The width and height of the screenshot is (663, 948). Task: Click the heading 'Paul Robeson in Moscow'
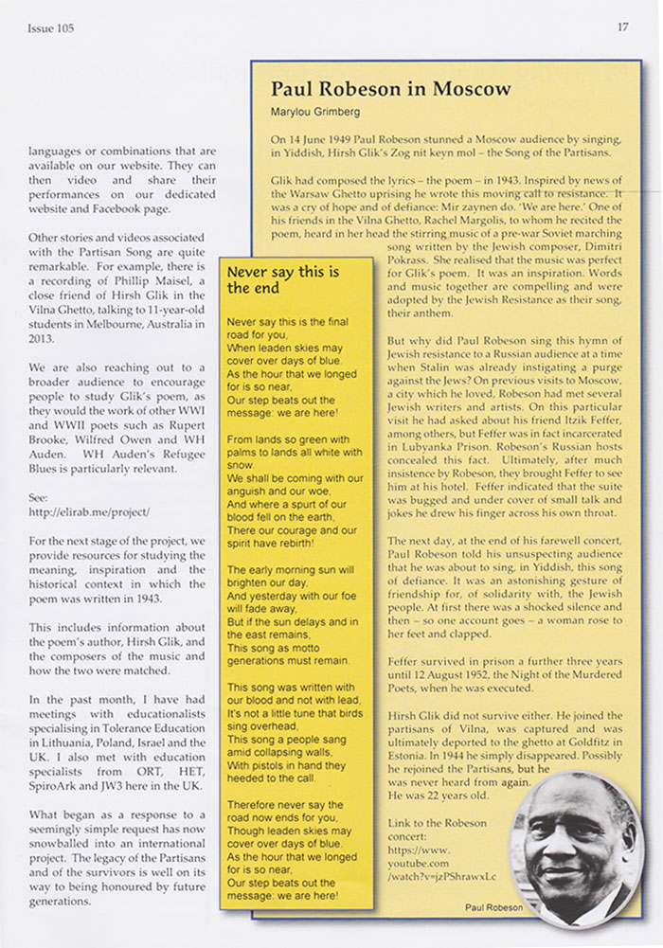tap(390, 89)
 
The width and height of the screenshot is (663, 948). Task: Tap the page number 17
tap(622, 27)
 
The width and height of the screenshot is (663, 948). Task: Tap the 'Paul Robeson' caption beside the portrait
tap(493, 906)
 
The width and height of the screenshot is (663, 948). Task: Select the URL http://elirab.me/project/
tap(90, 511)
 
